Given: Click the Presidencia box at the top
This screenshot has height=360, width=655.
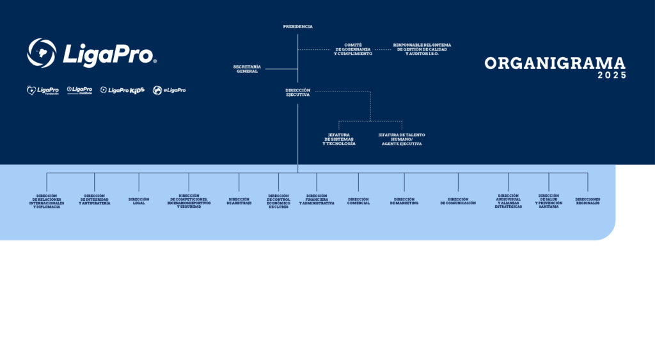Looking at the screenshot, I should click(x=298, y=27).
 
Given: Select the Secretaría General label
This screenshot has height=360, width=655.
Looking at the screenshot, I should click(x=247, y=69).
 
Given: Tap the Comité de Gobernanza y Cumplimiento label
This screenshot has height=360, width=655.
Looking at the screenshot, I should click(x=353, y=50).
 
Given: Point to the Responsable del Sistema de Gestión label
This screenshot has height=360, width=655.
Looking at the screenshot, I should click(x=422, y=49).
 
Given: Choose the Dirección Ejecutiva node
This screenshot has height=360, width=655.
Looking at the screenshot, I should click(x=297, y=93).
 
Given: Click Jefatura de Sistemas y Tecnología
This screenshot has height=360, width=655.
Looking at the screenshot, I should click(x=339, y=139).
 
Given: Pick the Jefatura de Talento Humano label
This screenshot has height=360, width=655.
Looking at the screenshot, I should click(x=402, y=139).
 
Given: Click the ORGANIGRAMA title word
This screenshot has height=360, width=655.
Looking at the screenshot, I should click(x=555, y=63).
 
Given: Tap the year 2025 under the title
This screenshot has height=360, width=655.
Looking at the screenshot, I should click(x=612, y=75).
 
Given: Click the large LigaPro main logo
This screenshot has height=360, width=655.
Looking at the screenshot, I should click(x=92, y=53).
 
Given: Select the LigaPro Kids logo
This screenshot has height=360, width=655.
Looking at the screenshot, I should click(x=122, y=90).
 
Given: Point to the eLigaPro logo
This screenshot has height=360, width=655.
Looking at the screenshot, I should click(x=170, y=90).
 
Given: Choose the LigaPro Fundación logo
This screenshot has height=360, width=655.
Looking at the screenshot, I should click(x=43, y=90).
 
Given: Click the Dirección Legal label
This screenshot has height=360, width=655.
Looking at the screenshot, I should click(x=139, y=201).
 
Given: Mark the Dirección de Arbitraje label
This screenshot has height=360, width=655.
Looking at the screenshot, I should click(x=239, y=201).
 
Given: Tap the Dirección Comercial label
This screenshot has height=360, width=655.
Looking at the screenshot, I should click(x=358, y=201).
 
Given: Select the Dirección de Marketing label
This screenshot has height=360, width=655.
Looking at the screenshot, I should click(x=404, y=201).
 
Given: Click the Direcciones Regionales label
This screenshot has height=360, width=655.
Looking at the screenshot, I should click(x=588, y=201).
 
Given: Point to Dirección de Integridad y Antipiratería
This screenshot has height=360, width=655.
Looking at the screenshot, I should click(x=95, y=201).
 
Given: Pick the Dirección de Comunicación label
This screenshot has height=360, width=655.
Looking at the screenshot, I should click(x=458, y=201).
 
